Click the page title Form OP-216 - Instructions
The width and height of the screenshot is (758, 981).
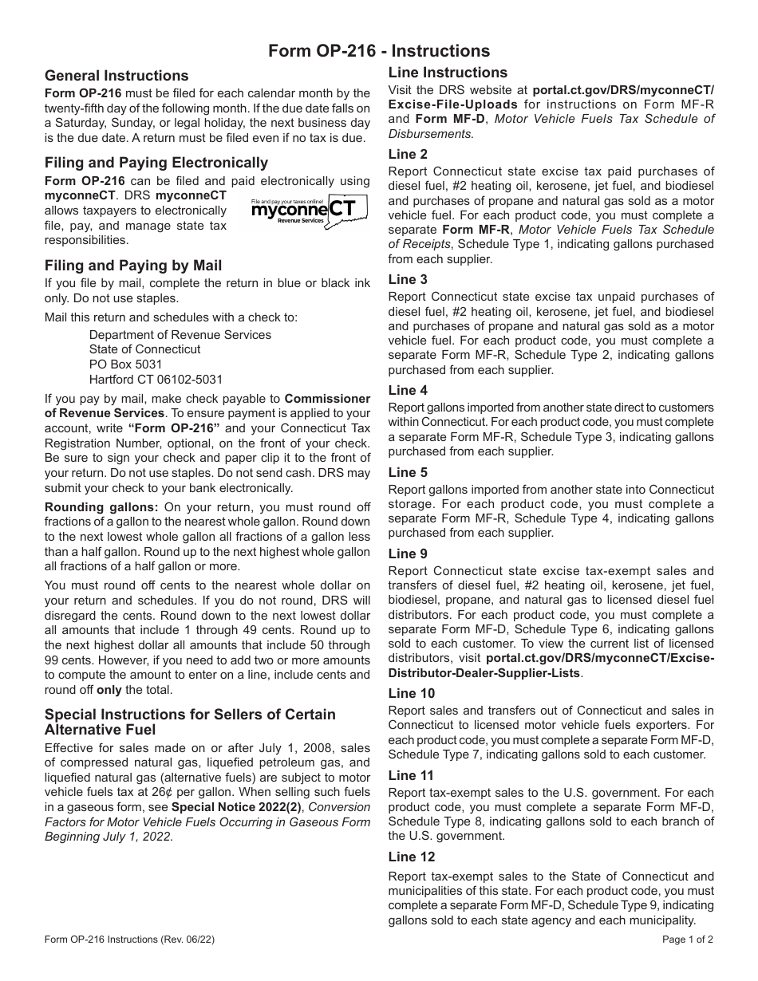click(379, 51)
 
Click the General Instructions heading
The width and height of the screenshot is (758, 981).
click(116, 76)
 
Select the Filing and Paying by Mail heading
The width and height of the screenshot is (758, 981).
click(133, 266)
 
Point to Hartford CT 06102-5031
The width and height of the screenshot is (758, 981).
click(156, 380)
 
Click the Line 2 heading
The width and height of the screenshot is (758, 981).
click(408, 154)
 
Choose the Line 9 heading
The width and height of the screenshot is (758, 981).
click(408, 554)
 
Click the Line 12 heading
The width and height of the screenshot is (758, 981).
click(412, 857)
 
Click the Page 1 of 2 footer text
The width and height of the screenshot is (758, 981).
click(688, 940)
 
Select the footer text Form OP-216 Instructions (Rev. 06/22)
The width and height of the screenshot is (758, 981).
click(129, 940)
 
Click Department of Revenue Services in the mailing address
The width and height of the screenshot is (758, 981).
click(180, 334)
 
